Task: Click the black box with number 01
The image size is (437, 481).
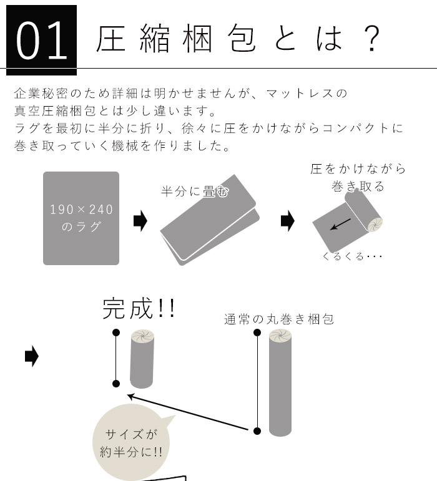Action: [41, 39]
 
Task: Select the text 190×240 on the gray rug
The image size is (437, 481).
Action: [81, 209]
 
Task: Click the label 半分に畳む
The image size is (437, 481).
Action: [194, 191]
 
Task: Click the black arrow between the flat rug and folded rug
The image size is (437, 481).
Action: [140, 220]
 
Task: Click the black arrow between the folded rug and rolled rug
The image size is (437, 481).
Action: [288, 220]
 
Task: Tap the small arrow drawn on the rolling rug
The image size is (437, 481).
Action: [340, 223]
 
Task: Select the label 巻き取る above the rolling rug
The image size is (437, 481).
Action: [358, 186]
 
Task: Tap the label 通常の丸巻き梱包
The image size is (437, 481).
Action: [279, 319]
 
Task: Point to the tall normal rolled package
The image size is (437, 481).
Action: [280, 387]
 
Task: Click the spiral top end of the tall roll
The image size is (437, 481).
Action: [280, 338]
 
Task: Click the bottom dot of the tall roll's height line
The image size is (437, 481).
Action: [257, 430]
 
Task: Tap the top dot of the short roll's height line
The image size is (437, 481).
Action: [116, 333]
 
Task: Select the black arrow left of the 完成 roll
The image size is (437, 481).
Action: [31, 357]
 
